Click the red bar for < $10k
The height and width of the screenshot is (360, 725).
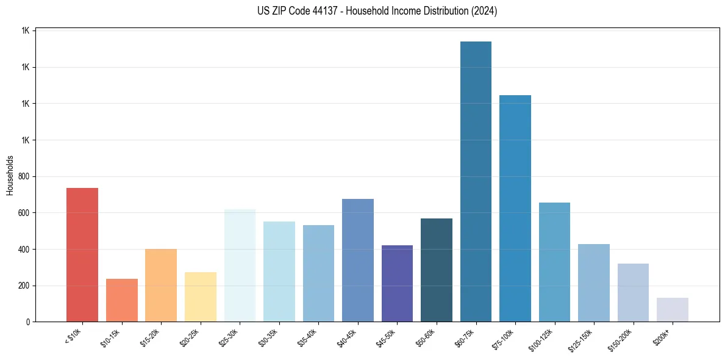tap(82, 254)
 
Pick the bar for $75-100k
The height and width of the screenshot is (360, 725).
tap(515, 208)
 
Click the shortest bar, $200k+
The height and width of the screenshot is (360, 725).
tap(672, 309)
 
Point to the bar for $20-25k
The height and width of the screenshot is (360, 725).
tap(200, 297)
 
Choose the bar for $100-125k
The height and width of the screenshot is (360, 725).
tap(554, 262)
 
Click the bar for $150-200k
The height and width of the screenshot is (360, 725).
tap(633, 292)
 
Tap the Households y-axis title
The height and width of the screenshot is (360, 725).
tap(10, 175)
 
